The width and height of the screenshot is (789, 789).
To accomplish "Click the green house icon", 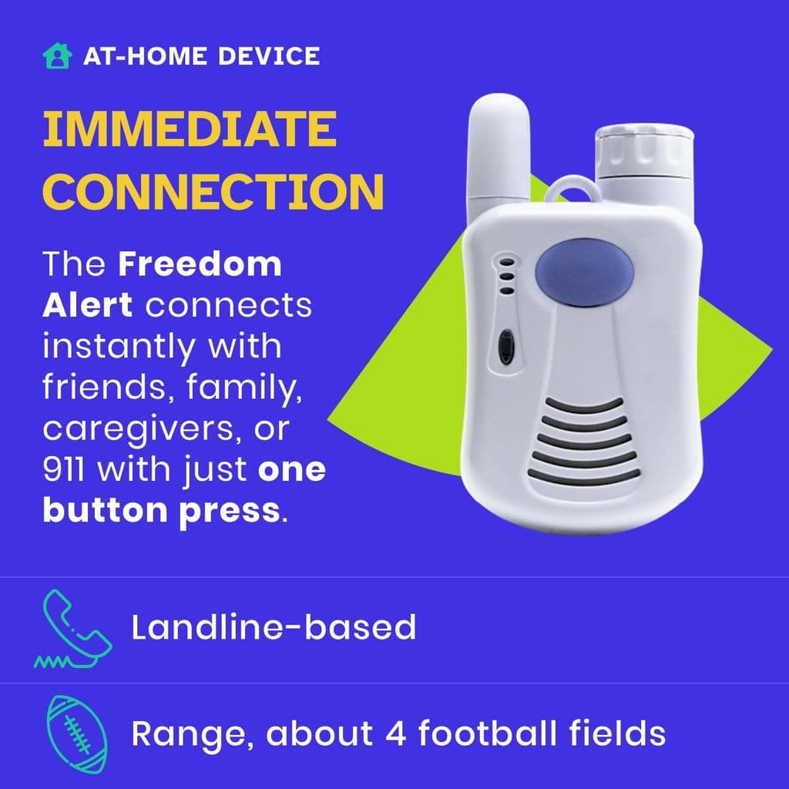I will click(x=56, y=56).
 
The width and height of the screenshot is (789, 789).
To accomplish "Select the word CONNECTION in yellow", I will click(x=213, y=193).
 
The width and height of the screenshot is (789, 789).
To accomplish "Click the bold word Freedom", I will click(x=200, y=265).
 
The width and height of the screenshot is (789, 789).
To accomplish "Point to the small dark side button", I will click(x=505, y=347).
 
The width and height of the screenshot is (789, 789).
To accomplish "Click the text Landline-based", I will click(x=274, y=628).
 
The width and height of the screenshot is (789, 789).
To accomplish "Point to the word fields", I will click(x=616, y=733).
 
